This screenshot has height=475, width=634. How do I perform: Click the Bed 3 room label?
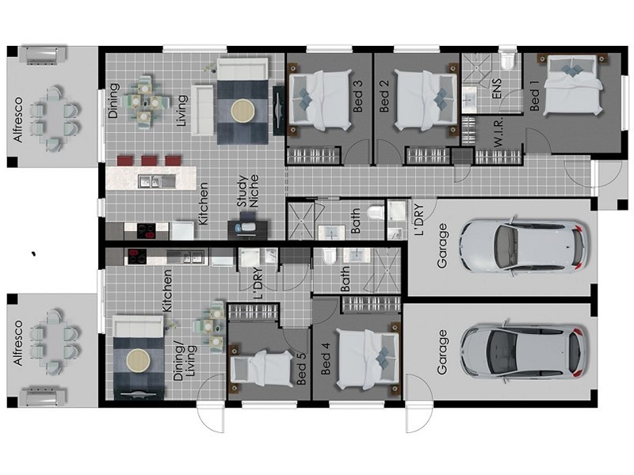pos(358,96)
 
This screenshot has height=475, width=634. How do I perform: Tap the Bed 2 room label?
pos(384,96)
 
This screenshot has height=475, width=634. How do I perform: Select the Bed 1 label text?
pos(534,95)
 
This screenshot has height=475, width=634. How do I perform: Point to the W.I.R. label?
pos(498,132)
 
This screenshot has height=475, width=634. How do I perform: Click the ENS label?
pos(496,89)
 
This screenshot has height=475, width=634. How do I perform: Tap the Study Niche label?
pos(248,191)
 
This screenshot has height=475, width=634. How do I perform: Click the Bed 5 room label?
pos(302,369)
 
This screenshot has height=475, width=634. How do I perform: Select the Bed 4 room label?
pos(326,359)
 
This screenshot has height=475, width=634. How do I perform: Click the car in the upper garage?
pos(524,247)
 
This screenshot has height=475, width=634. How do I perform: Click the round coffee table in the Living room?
pos(243,110)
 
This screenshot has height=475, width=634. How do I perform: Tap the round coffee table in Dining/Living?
pos(138,360)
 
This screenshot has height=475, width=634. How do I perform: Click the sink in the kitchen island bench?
pos(157,181)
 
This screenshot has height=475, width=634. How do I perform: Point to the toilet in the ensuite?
pos(507,61)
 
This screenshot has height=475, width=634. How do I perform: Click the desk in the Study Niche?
pos(248,229)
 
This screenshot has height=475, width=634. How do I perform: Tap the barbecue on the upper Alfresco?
pos(44,55)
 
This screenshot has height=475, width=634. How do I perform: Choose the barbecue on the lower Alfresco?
pos(44,397)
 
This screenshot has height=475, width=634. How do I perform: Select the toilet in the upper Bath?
pos(375,212)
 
